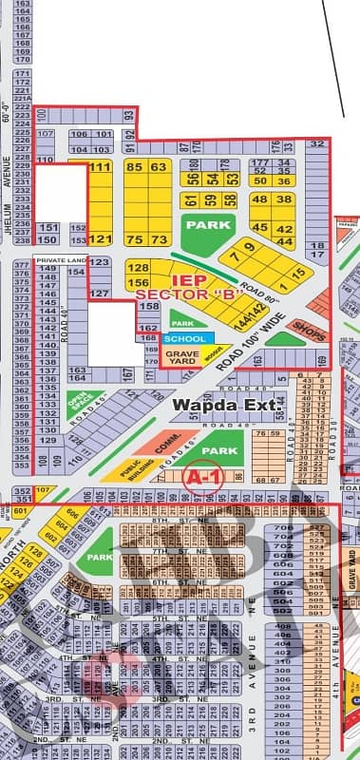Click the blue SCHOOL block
tap(182, 338)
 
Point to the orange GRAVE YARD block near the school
tap(180, 356)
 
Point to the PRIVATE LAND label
tap(61, 259)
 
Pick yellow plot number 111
tap(100, 167)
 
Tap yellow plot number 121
tap(100, 239)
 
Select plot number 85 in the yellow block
tap(134, 167)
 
